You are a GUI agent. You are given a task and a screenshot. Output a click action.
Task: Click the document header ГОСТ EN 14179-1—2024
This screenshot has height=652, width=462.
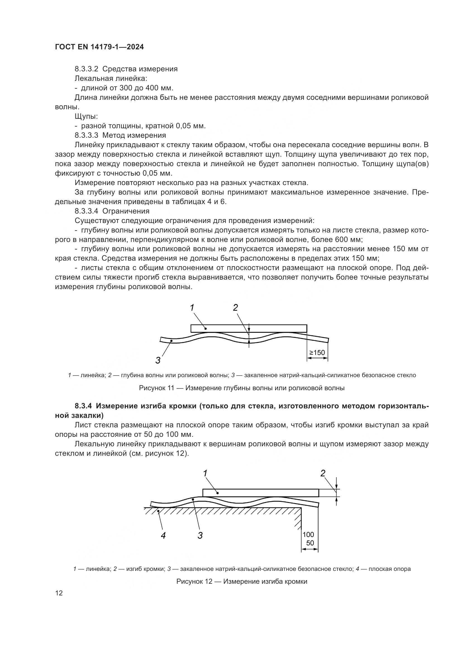99,47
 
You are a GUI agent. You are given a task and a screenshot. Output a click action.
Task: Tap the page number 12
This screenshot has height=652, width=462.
59,593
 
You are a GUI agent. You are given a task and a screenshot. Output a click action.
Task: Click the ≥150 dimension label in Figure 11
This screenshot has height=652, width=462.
317,353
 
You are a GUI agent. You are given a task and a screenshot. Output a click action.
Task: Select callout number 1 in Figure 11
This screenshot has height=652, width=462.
192,307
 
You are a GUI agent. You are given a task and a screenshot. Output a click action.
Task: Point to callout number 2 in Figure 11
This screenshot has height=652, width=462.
235,307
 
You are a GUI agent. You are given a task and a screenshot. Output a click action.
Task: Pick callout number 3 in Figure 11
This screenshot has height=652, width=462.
158,361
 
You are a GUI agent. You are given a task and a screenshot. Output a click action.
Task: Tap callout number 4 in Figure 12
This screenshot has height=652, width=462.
163,535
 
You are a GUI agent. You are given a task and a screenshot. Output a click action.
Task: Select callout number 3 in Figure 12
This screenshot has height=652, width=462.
200,535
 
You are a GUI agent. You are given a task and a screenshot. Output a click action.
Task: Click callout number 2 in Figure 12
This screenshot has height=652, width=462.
323,473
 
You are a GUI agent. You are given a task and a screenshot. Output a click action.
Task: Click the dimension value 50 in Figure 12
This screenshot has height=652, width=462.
310,543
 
